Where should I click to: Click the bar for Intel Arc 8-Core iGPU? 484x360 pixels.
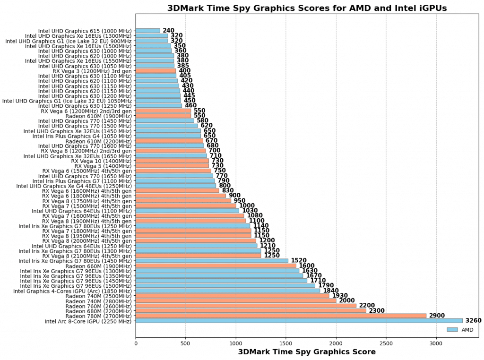(299, 321)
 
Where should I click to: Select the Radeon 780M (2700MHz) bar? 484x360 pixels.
(281, 316)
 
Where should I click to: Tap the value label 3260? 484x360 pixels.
(473, 321)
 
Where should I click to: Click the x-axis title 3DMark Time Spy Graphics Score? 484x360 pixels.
(307, 352)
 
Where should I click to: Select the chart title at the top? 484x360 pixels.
(307, 8)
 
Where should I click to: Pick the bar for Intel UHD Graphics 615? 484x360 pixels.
(147, 31)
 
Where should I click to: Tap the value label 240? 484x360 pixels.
(168, 31)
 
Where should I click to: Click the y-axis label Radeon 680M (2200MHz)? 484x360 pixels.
(98, 311)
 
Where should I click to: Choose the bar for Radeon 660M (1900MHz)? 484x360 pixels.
(216, 266)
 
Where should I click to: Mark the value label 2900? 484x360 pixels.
(437, 316)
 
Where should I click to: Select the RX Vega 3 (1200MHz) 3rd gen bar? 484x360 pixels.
(156, 71)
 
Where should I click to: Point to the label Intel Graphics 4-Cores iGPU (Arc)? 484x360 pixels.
(72, 291)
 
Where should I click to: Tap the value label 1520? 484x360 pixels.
(299, 261)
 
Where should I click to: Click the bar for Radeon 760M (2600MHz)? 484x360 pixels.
(246, 306)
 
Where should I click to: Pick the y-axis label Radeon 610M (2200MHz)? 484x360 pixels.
(98, 141)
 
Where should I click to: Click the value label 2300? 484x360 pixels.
(377, 311)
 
